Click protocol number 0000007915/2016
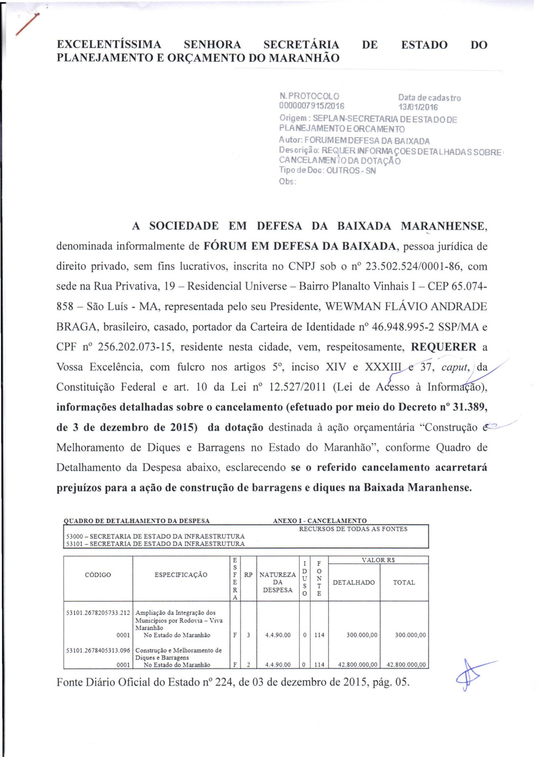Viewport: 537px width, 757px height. [x=312, y=106]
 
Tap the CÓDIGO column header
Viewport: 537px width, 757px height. [x=98, y=575]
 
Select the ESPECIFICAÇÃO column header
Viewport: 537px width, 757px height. [x=181, y=575]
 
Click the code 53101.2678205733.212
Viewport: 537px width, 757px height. [x=98, y=613]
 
